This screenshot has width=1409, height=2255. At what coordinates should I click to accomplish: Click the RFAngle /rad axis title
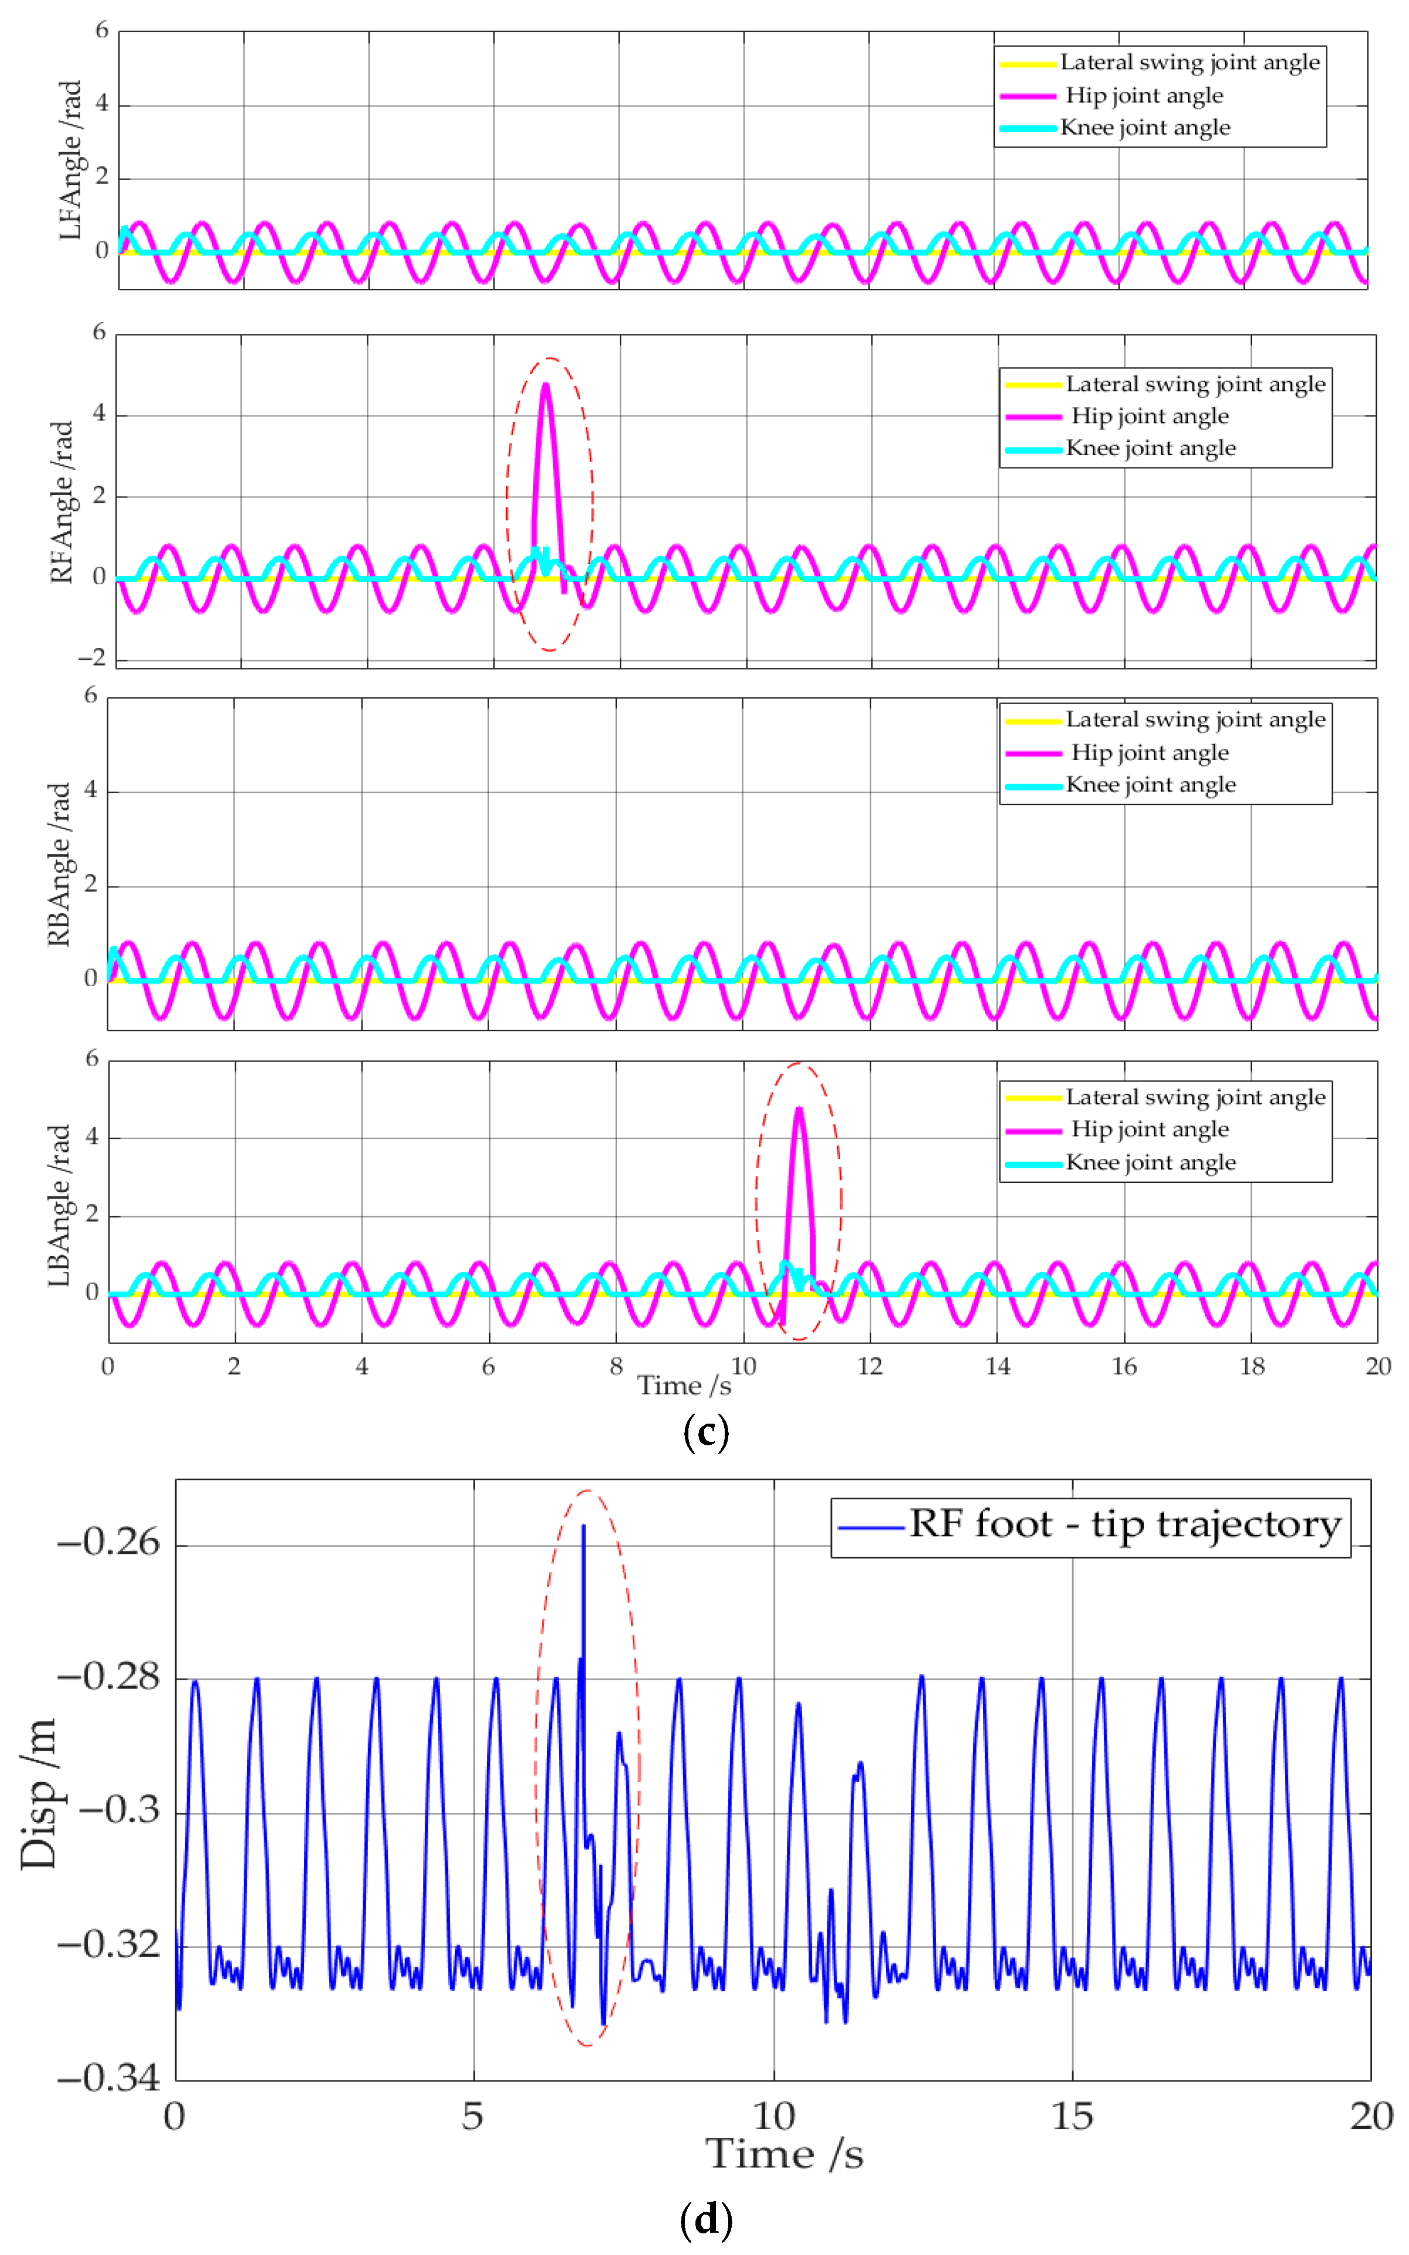pos(62,502)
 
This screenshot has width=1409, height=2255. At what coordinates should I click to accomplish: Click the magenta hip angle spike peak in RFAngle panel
pos(546,384)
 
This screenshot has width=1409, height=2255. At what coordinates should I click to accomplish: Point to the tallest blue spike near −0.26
pos(584,1526)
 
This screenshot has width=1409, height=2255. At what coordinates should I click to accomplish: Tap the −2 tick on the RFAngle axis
pos(91,658)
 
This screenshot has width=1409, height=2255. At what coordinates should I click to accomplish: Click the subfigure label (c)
pos(705,1431)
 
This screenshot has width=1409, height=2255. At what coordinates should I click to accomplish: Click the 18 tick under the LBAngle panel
pos(1251,1366)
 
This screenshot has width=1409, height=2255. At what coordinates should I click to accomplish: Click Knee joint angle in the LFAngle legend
pos(1145,128)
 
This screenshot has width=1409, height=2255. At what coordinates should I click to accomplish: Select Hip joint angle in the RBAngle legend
pos(1150,753)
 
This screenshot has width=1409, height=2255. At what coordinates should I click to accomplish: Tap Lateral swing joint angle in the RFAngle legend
pos(1196,384)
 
